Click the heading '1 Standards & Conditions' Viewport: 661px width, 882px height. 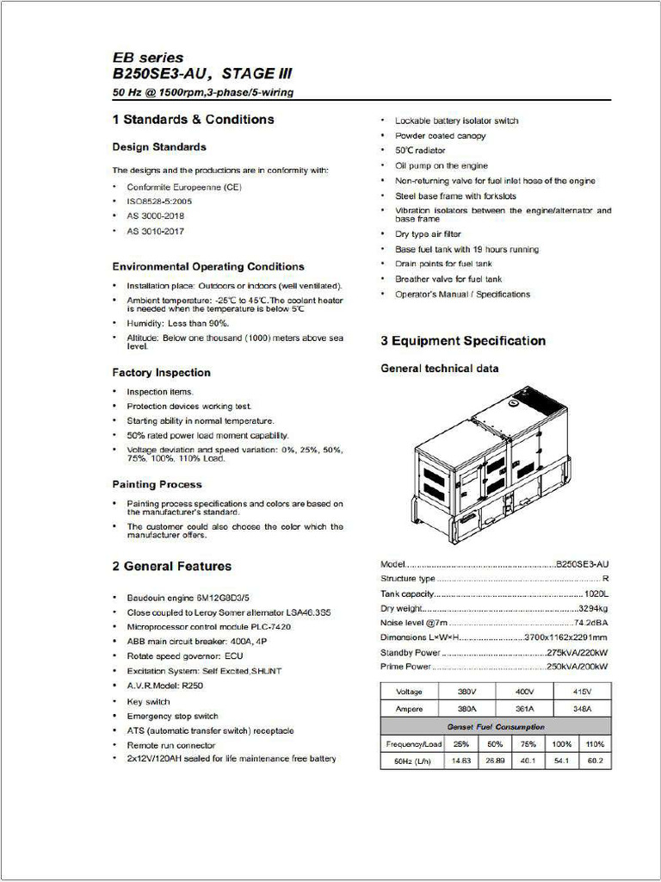click(x=193, y=120)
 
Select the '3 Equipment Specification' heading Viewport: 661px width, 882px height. click(x=463, y=341)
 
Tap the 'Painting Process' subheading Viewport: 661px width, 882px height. click(x=157, y=484)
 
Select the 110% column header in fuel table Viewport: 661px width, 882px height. click(x=595, y=743)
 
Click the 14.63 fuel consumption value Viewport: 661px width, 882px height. click(x=461, y=761)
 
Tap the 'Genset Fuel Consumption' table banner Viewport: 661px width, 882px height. click(x=495, y=726)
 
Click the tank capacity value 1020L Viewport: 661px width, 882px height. click(x=596, y=593)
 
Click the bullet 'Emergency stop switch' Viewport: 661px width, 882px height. click(x=172, y=716)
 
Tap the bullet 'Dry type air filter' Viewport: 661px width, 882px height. click(x=428, y=234)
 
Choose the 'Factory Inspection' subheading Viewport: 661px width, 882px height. click(x=161, y=372)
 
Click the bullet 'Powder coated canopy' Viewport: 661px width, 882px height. click(x=440, y=136)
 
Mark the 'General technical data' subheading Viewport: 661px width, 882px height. click(x=439, y=369)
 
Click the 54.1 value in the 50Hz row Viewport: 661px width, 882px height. click(x=562, y=761)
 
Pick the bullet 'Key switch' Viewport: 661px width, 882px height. click(x=148, y=702)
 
